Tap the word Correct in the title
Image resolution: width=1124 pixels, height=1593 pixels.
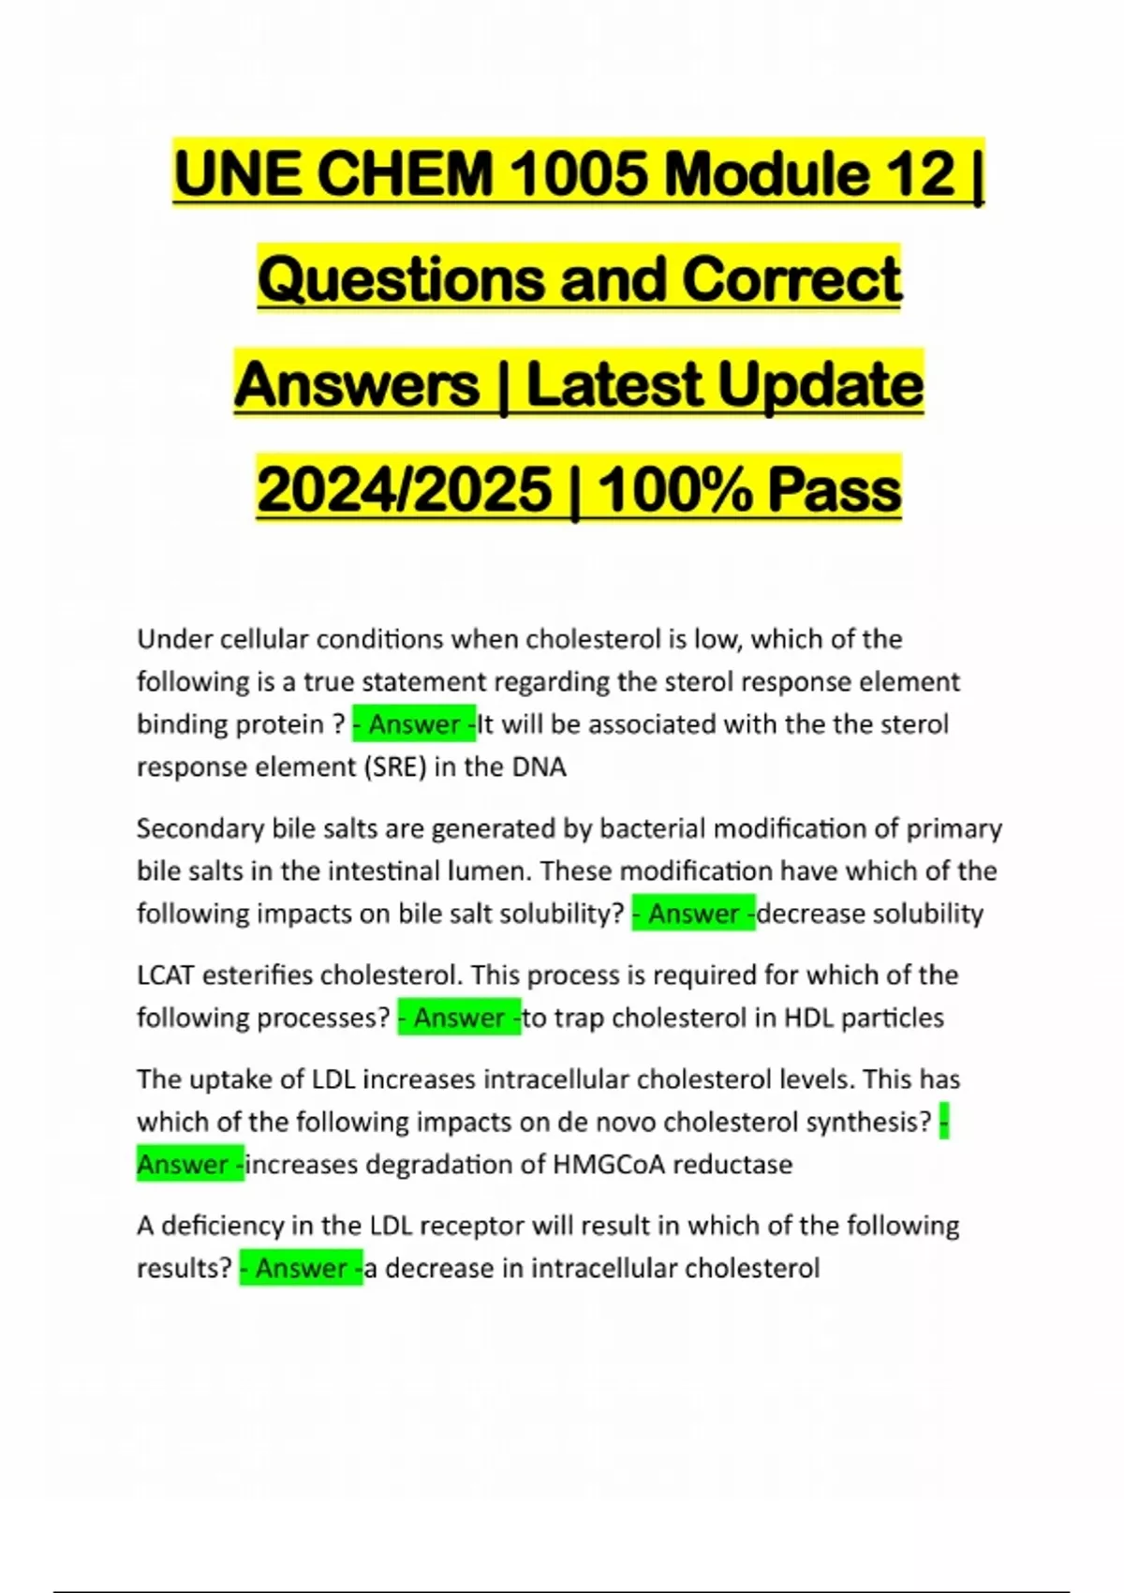coord(791,280)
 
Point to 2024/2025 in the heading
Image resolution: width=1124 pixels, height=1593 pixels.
coord(405,490)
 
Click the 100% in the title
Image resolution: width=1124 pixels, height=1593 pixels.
coord(673,490)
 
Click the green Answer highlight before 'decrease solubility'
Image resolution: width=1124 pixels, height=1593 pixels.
coord(694,914)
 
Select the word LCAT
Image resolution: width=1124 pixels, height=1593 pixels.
coord(166,975)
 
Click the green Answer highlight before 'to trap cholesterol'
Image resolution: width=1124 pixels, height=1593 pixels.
coord(459,1018)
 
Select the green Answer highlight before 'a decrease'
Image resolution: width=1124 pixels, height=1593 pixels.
coord(301,1269)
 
